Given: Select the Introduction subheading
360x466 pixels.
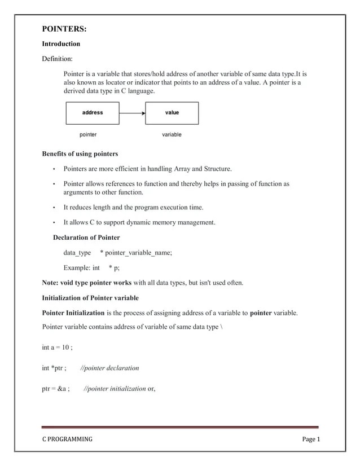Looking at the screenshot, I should click(61, 44).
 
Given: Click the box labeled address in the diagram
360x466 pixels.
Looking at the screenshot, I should click(93, 113).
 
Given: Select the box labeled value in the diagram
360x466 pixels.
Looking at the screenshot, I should click(172, 113).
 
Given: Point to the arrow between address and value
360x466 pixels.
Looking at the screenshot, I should click(132, 113).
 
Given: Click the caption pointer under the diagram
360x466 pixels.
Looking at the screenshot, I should click(88, 135).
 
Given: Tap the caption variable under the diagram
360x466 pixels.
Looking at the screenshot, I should click(172, 135).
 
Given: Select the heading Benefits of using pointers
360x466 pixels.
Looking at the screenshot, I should click(80, 154).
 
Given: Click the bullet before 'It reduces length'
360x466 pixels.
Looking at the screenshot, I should click(54, 208).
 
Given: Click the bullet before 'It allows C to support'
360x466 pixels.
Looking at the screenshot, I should click(54, 223).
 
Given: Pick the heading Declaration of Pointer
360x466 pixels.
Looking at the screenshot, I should click(86, 238).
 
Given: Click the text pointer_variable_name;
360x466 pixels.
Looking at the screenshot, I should click(138, 253).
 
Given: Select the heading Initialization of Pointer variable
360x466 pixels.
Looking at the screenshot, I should click(90, 298).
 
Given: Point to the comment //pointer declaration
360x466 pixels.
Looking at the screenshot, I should click(110, 368).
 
